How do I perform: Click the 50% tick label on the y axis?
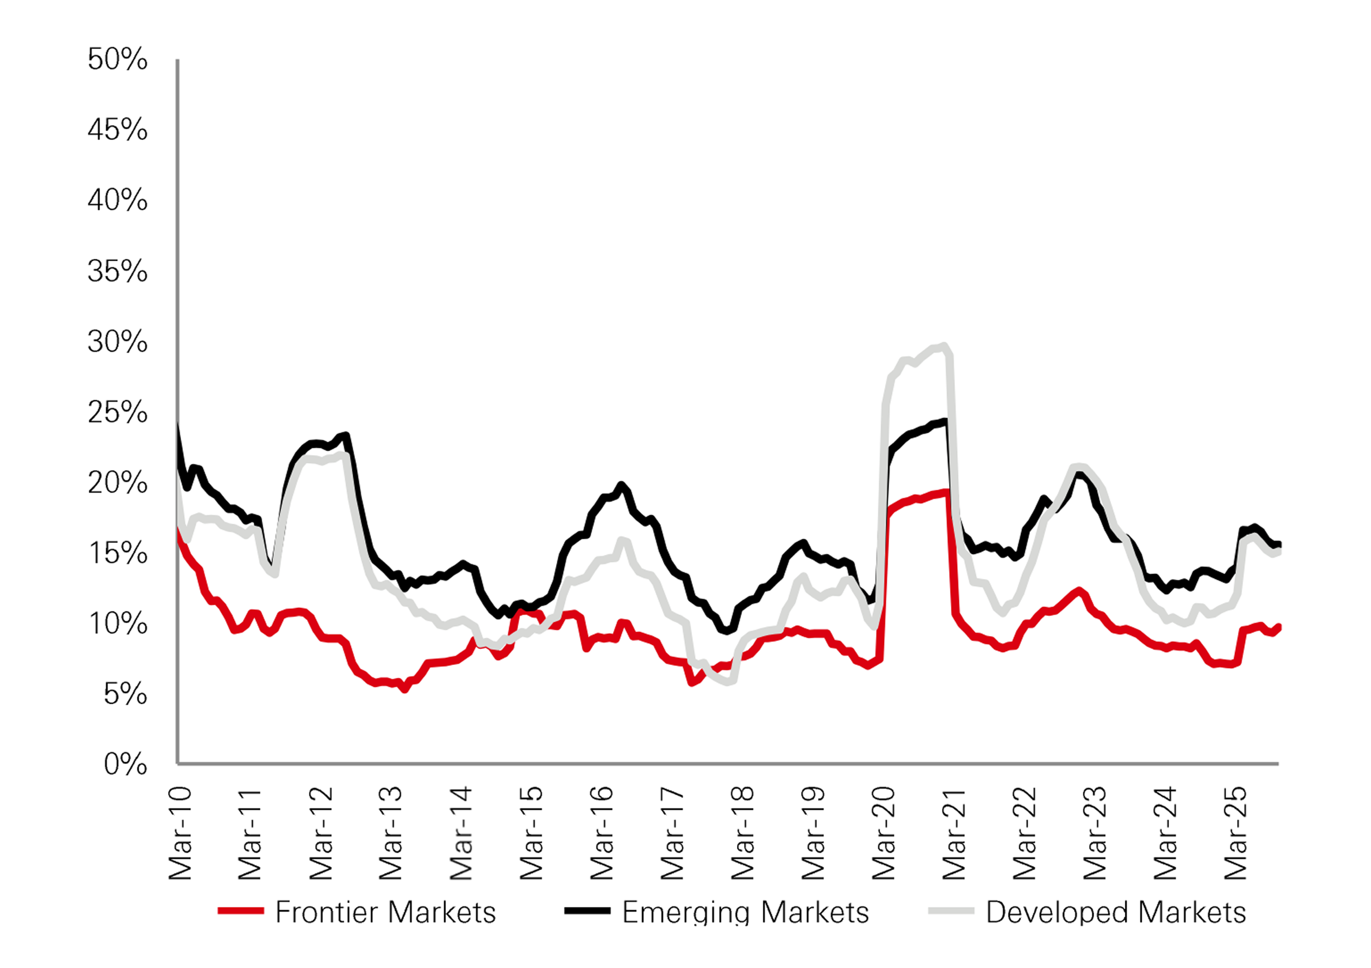pyautogui.click(x=117, y=60)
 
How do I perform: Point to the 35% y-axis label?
pyautogui.click(x=117, y=272)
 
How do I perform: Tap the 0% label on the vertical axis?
pyautogui.click(x=125, y=765)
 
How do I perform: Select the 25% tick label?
pyautogui.click(x=117, y=413)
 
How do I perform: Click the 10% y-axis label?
pyautogui.click(x=117, y=624)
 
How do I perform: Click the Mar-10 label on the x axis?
pyautogui.click(x=180, y=834)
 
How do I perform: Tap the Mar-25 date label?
pyautogui.click(x=1235, y=834)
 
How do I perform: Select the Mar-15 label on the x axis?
pyautogui.click(x=531, y=834)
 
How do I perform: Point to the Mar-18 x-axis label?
pyautogui.click(x=742, y=834)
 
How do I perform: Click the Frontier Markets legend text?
pyautogui.click(x=385, y=913)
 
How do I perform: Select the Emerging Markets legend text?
pyautogui.click(x=745, y=913)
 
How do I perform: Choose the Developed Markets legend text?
pyautogui.click(x=1116, y=913)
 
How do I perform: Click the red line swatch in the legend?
pyautogui.click(x=241, y=912)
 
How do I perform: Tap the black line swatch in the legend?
pyautogui.click(x=588, y=912)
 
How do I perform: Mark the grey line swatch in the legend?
pyautogui.click(x=951, y=912)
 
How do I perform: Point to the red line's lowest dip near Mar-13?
pyautogui.click(x=405, y=689)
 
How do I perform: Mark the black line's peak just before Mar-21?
pyautogui.click(x=944, y=422)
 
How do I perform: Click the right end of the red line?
pyautogui.click(x=1279, y=626)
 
